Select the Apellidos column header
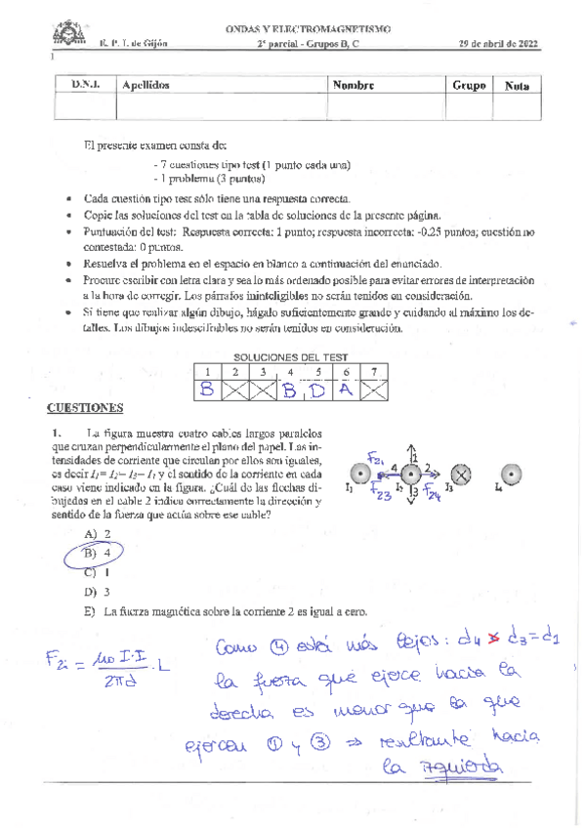point(146,86)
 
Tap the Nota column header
point(518,87)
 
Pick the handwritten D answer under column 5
point(318,391)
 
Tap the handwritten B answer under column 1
point(207,391)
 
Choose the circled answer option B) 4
point(103,553)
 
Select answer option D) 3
point(98,592)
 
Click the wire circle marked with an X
point(461,475)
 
